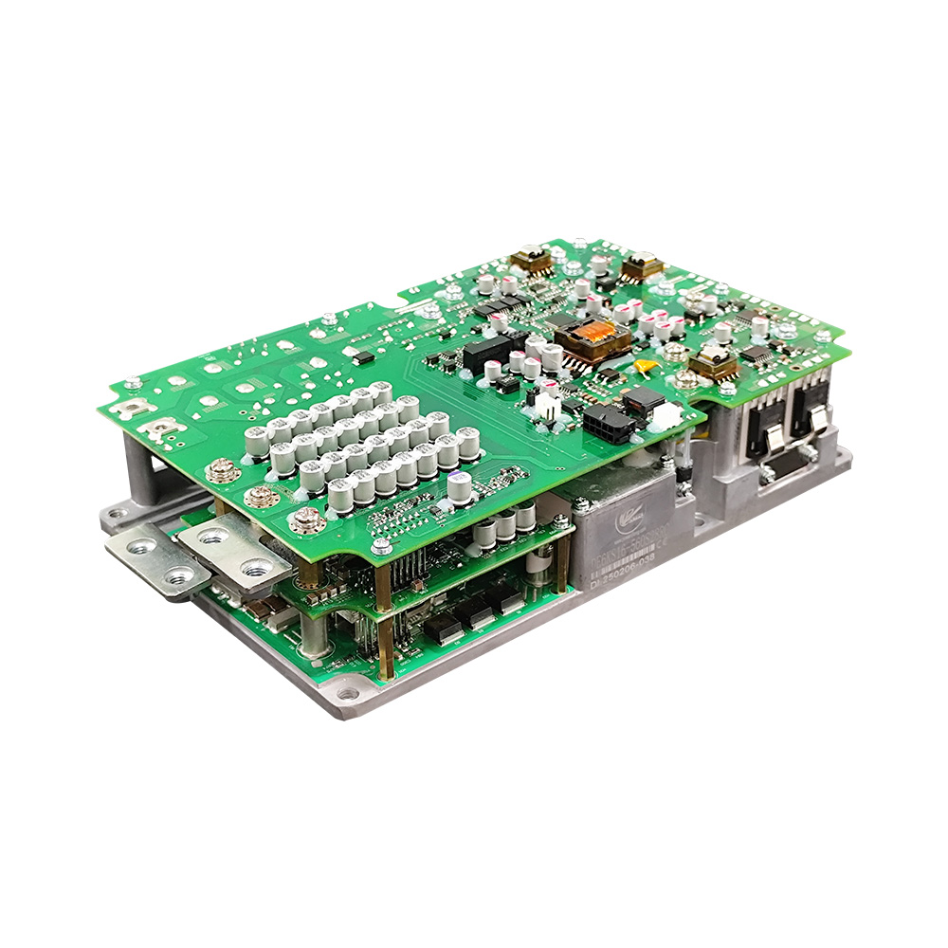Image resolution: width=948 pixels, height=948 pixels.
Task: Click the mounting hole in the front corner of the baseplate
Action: click(x=348, y=695)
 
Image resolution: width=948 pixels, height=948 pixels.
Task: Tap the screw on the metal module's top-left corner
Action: click(x=581, y=505)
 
